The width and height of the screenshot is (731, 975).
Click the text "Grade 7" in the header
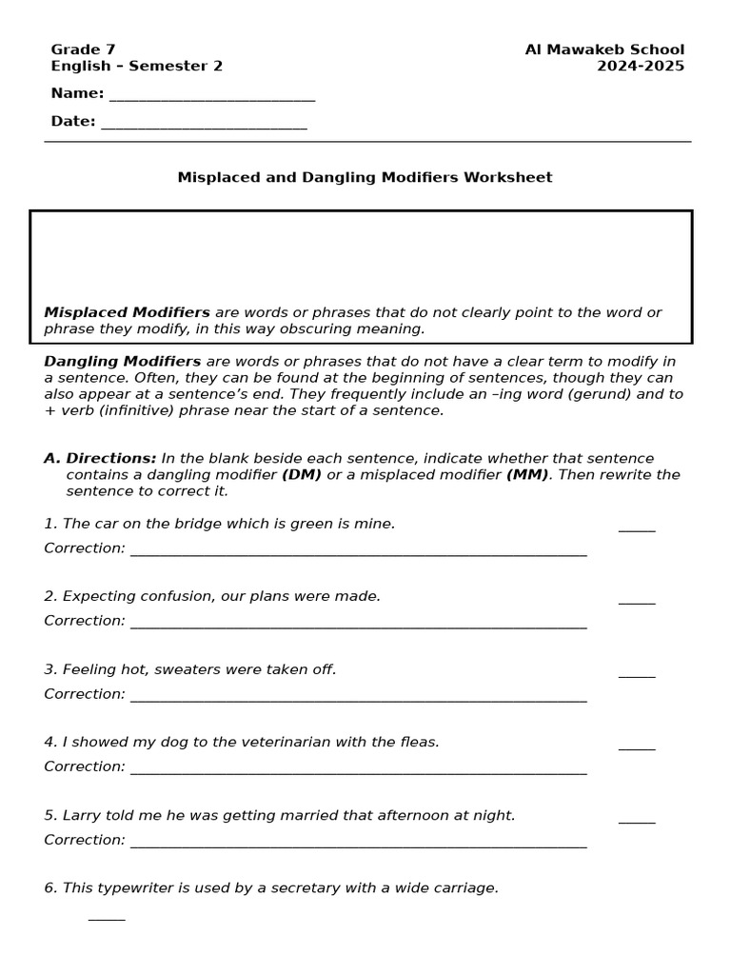tap(83, 50)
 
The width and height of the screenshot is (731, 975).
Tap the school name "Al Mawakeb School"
tap(604, 50)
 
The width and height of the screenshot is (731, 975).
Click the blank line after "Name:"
tap(211, 98)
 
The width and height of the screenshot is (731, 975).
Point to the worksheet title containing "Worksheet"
tap(365, 177)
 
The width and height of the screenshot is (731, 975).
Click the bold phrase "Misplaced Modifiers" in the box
tap(127, 312)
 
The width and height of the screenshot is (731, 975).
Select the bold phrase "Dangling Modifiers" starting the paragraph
tap(122, 361)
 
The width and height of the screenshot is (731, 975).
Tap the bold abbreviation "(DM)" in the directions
tap(301, 474)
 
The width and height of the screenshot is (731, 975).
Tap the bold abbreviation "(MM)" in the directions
tap(526, 474)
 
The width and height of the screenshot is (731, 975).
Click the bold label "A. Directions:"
tap(100, 458)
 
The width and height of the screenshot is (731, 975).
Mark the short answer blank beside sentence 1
tap(636, 528)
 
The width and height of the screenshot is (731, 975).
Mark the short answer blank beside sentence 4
tap(636, 747)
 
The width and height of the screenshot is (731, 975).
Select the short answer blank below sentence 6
tap(107, 920)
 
